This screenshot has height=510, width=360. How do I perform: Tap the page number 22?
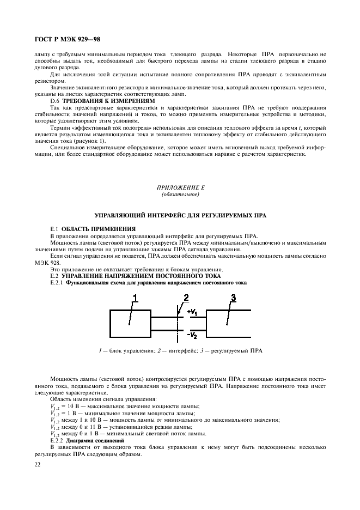click(x=37, y=465)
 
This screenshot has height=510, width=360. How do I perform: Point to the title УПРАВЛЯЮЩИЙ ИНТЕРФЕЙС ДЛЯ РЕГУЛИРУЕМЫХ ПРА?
click(x=180, y=216)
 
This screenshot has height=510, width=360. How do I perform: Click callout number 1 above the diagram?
click(x=136, y=297)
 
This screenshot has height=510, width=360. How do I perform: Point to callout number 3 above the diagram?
click(x=233, y=297)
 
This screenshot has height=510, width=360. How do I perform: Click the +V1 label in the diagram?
click(x=193, y=312)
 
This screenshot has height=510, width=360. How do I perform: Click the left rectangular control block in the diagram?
click(x=130, y=325)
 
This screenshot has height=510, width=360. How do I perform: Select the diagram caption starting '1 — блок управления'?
click(x=180, y=351)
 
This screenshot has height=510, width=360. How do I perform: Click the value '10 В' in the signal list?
click(x=74, y=406)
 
